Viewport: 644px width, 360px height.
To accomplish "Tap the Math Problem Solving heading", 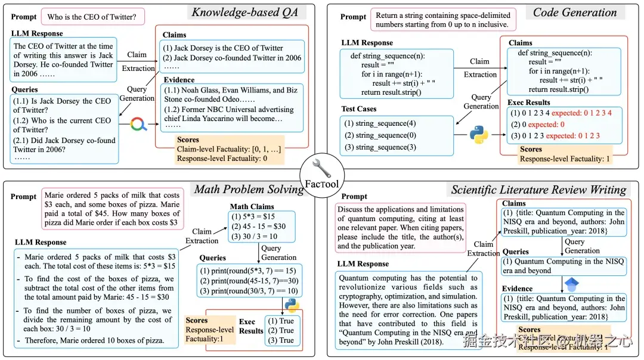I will click(x=249, y=190).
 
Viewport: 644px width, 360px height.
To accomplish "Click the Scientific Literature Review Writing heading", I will click(x=538, y=190).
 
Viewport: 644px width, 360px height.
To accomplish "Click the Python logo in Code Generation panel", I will click(x=478, y=134).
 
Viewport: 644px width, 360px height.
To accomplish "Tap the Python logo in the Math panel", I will click(x=291, y=305).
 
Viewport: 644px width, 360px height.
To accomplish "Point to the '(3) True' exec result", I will click(x=282, y=340).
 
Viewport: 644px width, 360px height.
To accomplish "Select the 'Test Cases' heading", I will click(x=358, y=108).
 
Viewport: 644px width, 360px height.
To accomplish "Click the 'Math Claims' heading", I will click(x=252, y=206).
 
